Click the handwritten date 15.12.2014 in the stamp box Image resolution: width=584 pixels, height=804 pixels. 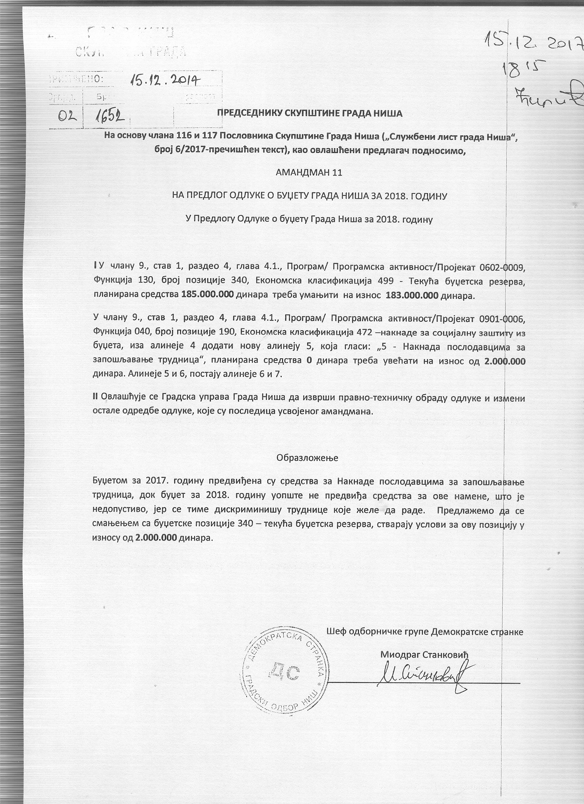tap(165, 81)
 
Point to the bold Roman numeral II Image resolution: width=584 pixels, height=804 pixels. tap(95, 397)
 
